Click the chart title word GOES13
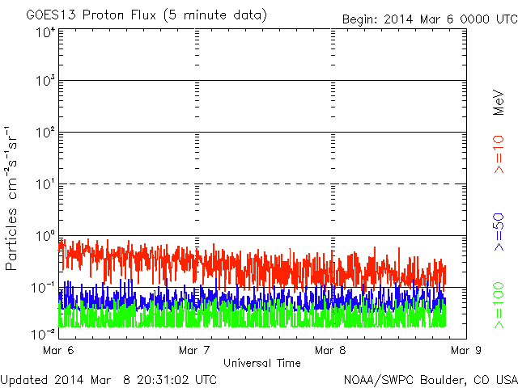51,15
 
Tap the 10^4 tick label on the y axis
46,32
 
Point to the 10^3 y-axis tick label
45,80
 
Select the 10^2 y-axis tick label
45,132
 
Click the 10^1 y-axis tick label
45,184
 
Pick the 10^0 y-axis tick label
45,236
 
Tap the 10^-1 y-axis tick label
43,288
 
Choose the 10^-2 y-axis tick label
43,334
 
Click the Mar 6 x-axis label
58,350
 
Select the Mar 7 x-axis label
194,350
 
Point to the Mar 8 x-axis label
330,350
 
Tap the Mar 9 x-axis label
466,350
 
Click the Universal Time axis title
262,363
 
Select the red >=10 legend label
499,154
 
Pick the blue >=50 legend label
499,232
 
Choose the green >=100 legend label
499,306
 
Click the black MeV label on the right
499,103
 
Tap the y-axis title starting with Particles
11,198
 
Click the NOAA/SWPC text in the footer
379,380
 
